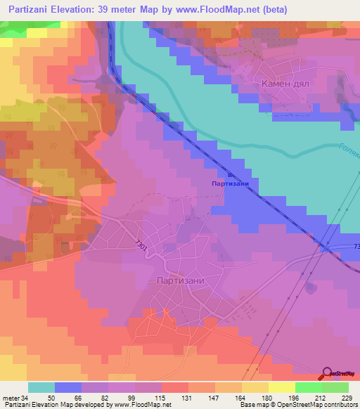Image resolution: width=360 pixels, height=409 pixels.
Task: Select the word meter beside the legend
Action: tap(11, 398)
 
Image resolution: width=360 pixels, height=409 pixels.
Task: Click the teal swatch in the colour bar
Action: tap(41, 387)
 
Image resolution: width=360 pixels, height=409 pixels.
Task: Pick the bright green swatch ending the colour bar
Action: tap(335, 387)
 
